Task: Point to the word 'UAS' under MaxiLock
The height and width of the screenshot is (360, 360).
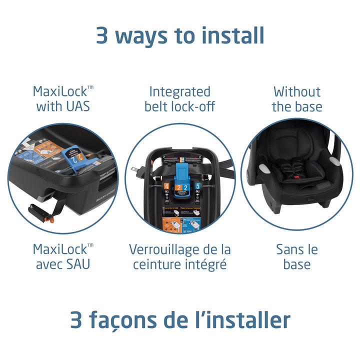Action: point(76,106)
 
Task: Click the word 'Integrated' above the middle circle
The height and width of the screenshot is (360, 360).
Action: point(179,91)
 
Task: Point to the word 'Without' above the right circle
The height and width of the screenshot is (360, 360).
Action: point(297,91)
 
